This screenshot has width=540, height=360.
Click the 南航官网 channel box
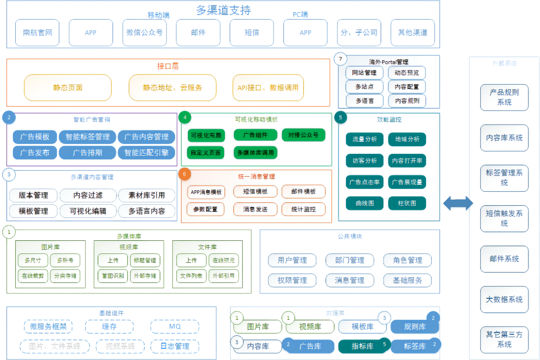tap(37, 32)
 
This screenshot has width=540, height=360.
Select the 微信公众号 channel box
tap(144, 32)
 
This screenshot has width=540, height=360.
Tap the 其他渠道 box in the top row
tap(413, 32)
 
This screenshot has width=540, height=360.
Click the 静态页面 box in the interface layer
tap(67, 87)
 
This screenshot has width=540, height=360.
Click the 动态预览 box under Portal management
tap(407, 72)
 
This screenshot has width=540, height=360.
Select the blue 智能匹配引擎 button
tap(146, 153)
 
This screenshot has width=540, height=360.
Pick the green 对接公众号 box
tap(303, 135)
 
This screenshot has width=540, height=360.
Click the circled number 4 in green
tap(184, 118)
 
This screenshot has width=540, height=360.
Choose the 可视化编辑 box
tap(88, 211)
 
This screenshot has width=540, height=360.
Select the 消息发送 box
tap(255, 209)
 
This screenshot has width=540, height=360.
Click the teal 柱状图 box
tap(407, 203)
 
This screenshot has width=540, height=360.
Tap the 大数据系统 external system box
tap(504, 299)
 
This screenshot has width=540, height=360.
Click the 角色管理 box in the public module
tap(407, 260)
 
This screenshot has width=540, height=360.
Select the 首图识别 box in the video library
tap(112, 275)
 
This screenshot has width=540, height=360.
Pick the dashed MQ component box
tap(175, 326)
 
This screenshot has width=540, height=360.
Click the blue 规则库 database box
tap(414, 327)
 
